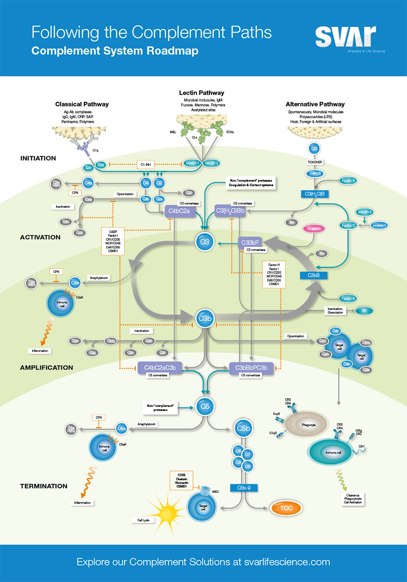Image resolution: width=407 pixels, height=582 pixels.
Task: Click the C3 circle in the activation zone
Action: [x=205, y=242]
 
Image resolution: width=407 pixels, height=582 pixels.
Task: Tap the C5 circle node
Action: [x=205, y=406]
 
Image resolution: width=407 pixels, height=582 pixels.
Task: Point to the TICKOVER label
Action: [x=314, y=162]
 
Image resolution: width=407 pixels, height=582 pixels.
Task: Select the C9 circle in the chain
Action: [x=248, y=466]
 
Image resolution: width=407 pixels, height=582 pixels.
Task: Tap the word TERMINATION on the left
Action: [x=44, y=486]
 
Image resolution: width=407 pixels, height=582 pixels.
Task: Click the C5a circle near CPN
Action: [x=122, y=429]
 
